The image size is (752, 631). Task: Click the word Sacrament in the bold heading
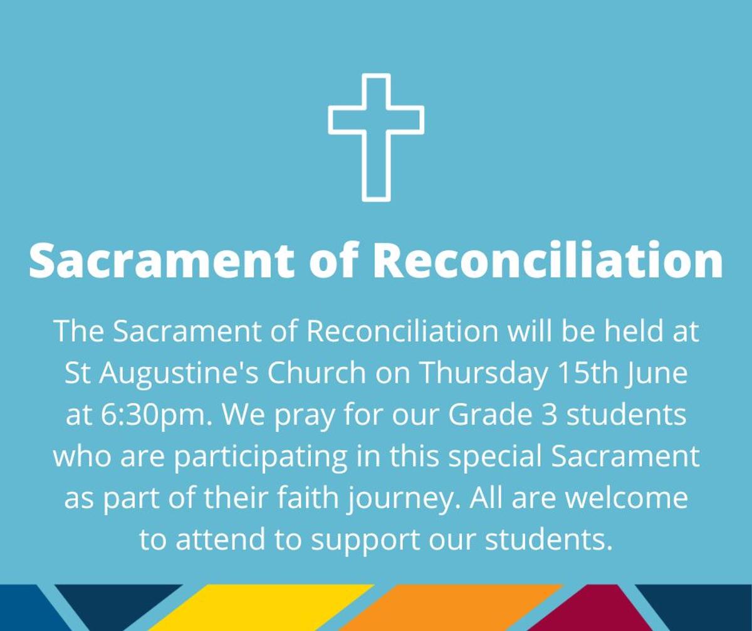[x=161, y=260]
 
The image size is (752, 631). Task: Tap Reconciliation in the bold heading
[x=548, y=260]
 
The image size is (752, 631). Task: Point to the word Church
[x=316, y=372]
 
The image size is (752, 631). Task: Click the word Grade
[x=490, y=414]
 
